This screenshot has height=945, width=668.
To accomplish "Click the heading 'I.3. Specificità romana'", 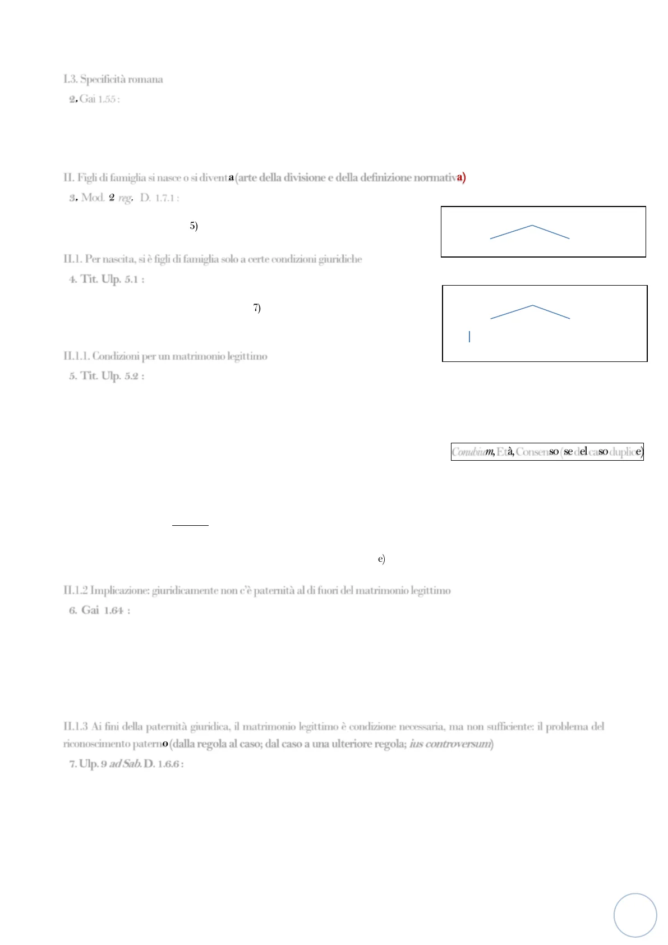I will pos(113,79).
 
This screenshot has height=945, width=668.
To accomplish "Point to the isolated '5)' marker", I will pos(194,226).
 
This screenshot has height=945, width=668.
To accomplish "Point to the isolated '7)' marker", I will pos(257,308).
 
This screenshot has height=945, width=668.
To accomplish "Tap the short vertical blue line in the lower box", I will pos(469,337).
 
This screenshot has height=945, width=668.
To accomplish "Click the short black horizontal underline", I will pos(190,525).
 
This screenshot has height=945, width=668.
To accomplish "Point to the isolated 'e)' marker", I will pos(381,559).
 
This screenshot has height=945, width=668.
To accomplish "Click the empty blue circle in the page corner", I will pos(635,915).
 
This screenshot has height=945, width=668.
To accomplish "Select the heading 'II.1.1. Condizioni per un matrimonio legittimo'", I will pos(165,356).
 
